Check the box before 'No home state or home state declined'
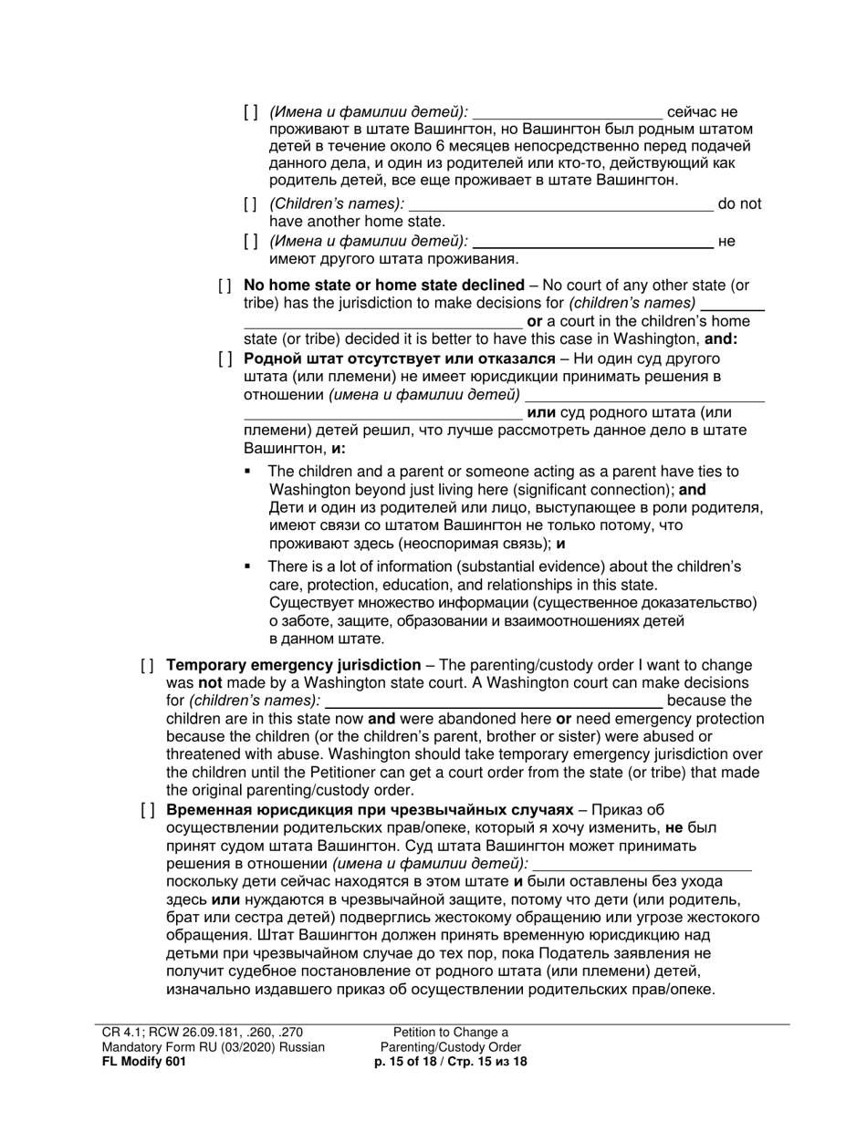click(225, 286)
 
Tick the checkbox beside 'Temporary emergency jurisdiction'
click(147, 666)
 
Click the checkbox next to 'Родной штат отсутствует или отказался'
click(225, 358)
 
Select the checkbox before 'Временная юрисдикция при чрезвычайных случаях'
click(147, 810)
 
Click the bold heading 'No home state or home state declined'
click(383, 286)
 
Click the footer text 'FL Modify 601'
click(144, 1062)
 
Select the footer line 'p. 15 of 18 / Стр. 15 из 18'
click(451, 1062)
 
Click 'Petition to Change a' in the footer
click(451, 1032)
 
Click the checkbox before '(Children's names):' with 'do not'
click(251, 204)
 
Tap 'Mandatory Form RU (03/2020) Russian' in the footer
click(213, 1047)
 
